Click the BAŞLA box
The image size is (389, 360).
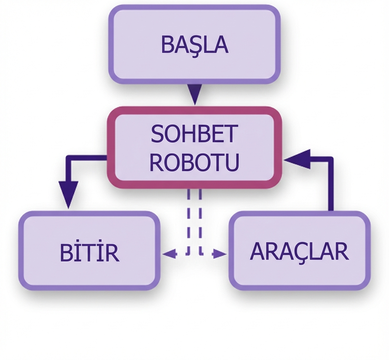(194, 44)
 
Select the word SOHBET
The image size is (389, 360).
(194, 134)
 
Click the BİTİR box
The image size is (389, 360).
(89, 251)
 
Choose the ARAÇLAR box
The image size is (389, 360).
(300, 251)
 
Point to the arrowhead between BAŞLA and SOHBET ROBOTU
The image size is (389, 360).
(195, 94)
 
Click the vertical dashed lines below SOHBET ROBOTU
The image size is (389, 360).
(194, 218)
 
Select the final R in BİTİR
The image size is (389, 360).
(113, 253)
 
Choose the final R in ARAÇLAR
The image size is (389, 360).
(342, 251)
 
